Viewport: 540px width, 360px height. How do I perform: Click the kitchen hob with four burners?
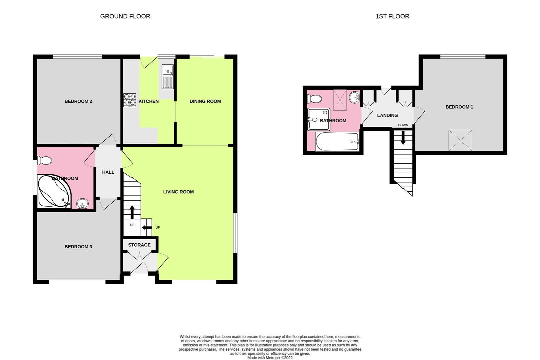click(x=130, y=100)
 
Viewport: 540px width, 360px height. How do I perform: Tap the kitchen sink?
click(x=168, y=76)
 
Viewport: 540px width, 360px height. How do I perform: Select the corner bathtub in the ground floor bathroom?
click(x=54, y=191)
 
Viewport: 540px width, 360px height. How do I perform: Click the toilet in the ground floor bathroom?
click(x=45, y=160)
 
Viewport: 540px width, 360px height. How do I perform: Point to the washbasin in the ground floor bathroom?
click(x=83, y=204)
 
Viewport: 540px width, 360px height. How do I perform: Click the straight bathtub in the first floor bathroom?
click(x=337, y=141)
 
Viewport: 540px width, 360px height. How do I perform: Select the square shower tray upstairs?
click(x=319, y=119)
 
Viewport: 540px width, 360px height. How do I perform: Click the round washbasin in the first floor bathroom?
click(x=354, y=97)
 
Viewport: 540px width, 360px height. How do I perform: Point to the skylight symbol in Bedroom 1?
click(x=460, y=140)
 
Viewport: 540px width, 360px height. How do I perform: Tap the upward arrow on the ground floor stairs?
click(x=132, y=212)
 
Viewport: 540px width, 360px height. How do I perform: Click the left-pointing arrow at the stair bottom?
click(x=147, y=228)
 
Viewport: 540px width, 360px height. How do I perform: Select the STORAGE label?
click(x=139, y=245)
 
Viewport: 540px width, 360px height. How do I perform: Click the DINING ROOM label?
click(x=205, y=101)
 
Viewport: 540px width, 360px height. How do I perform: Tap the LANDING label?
click(x=387, y=115)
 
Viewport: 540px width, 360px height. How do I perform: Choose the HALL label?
click(x=108, y=172)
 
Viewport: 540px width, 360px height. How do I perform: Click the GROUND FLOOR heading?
click(x=125, y=16)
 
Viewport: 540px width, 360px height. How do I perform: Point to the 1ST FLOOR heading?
click(x=392, y=16)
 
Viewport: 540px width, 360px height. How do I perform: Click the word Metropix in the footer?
click(x=273, y=358)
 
